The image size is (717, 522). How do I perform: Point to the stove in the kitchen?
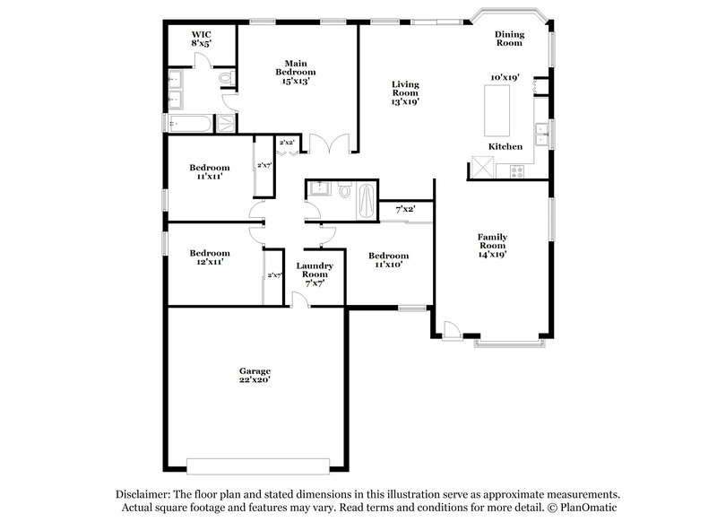coord(517,170)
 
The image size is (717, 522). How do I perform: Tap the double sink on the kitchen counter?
coord(541,134)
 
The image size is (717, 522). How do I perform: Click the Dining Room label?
coord(509,39)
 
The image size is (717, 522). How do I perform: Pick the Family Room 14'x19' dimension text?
coord(492,255)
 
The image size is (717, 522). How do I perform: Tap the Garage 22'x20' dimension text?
coord(254,381)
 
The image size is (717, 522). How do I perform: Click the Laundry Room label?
coord(315,270)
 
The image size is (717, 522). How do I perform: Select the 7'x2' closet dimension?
coord(406,210)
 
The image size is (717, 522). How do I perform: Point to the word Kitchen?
coord(505,146)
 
